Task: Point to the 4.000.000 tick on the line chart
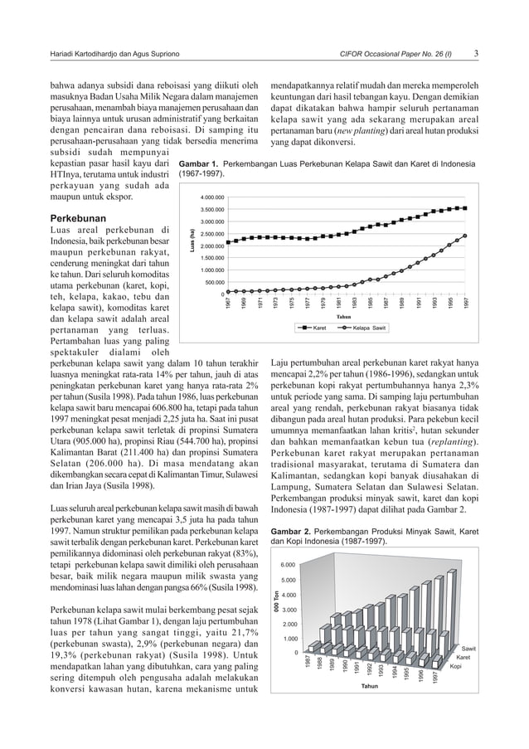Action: click(211, 197)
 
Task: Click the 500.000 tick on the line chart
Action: click(213, 282)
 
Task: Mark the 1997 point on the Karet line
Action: click(465, 208)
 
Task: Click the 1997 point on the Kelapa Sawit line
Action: click(465, 236)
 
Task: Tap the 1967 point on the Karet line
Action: click(229, 241)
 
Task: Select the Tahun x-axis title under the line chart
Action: click(345, 316)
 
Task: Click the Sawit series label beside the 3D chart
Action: click(468, 648)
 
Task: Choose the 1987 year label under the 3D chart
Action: click(308, 663)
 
